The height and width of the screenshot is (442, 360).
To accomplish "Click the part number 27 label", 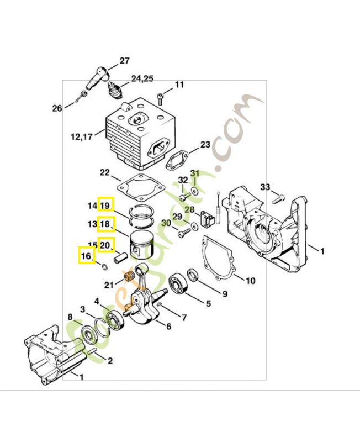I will [124, 61].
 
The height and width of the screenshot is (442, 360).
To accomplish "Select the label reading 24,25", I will [142, 78].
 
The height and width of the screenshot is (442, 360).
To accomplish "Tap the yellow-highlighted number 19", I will [105, 206].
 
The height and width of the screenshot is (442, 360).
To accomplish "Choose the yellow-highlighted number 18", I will [105, 224].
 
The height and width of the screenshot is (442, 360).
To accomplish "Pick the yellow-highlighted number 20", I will [107, 244].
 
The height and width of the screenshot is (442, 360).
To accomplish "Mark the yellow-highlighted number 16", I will [86, 256].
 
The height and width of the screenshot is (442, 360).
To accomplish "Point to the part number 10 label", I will [250, 281].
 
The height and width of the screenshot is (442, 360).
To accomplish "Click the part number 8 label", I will [70, 317].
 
